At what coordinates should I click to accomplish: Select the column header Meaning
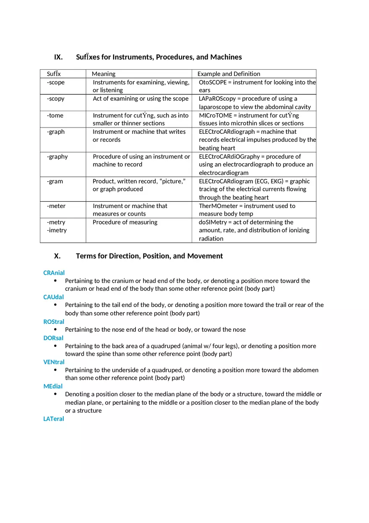(x=104, y=74)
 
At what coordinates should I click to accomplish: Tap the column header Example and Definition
(x=229, y=74)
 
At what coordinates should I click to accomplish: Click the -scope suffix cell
(x=56, y=82)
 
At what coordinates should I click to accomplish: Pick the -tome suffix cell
(x=55, y=115)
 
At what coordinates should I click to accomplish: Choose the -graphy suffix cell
(x=57, y=156)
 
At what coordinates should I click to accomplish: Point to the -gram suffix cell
(x=55, y=181)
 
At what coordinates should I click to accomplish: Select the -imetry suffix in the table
(x=57, y=230)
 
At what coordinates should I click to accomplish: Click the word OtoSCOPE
(x=213, y=82)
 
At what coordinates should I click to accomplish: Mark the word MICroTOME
(x=215, y=115)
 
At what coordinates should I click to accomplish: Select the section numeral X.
(x=57, y=256)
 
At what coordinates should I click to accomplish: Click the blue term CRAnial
(x=54, y=273)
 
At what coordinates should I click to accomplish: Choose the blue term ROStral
(x=54, y=322)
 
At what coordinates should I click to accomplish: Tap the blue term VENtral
(x=54, y=362)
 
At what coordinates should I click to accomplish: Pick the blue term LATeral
(x=54, y=419)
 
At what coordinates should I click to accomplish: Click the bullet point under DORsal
(x=56, y=346)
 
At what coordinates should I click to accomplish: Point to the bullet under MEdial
(x=56, y=394)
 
